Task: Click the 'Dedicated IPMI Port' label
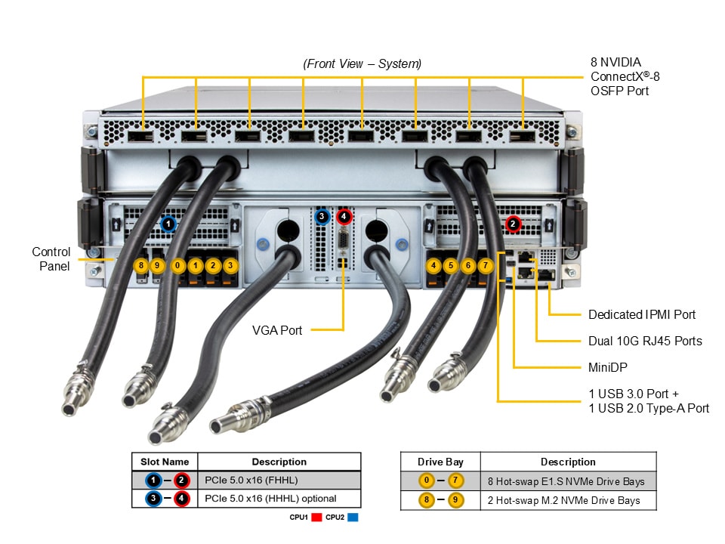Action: (641, 314)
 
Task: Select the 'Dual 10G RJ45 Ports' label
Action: (645, 341)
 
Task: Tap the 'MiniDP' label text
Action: (609, 367)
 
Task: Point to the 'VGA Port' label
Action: (276, 329)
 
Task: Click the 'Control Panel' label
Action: (51, 258)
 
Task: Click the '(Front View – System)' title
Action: (362, 64)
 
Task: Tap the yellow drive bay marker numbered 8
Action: (140, 265)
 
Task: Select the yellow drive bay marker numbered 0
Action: (177, 265)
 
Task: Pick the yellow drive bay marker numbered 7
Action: (486, 265)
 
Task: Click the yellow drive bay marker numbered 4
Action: (433, 265)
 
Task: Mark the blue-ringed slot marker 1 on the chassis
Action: (168, 224)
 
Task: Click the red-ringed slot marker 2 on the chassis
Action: (513, 224)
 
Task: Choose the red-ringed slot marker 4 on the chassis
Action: (344, 217)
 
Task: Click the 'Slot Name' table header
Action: (165, 462)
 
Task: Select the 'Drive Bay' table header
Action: (440, 462)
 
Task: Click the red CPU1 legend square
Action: (317, 518)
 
